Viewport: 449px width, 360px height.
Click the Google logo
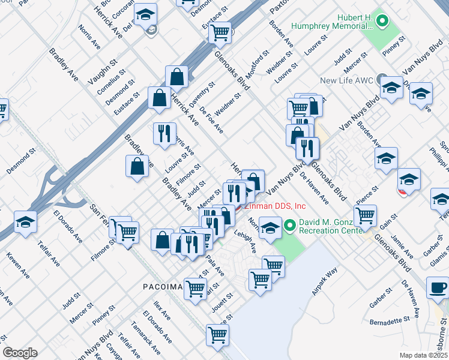pyautogui.click(x=20, y=353)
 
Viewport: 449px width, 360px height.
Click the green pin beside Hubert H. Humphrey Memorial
pyautogui.click(x=380, y=22)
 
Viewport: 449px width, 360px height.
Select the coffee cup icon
pyautogui.click(x=437, y=287)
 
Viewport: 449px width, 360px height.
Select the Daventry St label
pyautogui.click(x=202, y=95)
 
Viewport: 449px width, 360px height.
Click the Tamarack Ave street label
pyautogui.click(x=146, y=341)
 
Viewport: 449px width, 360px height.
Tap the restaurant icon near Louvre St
pyautogui.click(x=164, y=134)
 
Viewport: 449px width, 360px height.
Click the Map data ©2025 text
pyautogui.click(x=424, y=355)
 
